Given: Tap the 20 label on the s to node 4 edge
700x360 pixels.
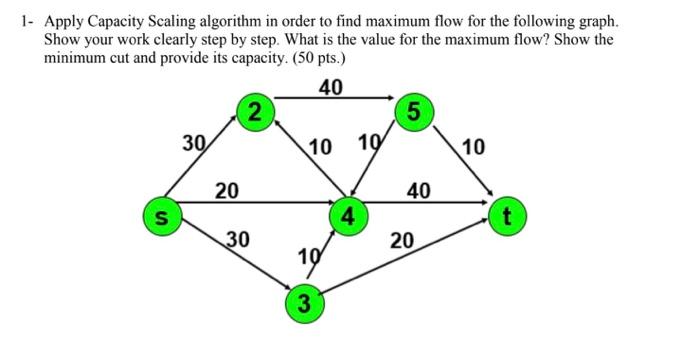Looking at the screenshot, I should [x=228, y=190].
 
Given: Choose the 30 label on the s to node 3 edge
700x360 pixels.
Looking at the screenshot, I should [x=237, y=239].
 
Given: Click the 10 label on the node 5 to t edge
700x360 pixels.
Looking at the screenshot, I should [x=474, y=148].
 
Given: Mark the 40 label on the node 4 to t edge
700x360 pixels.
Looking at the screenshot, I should [x=418, y=190].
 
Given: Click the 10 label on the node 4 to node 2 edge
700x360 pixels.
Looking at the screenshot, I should [x=321, y=148].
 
